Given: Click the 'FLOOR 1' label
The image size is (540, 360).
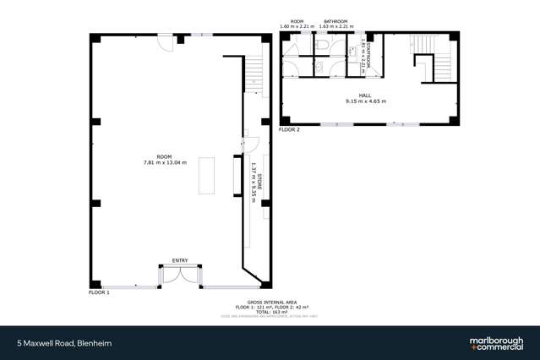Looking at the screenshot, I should [x=100, y=292].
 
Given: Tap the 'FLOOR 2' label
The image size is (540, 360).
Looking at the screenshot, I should [x=290, y=130].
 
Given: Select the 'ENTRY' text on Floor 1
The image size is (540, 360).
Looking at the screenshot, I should [x=180, y=260].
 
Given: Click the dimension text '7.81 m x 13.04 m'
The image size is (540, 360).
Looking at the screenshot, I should [x=165, y=162].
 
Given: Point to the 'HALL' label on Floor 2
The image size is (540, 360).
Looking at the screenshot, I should [x=365, y=95].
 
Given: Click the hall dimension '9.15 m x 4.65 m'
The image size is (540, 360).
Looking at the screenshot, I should [x=365, y=101].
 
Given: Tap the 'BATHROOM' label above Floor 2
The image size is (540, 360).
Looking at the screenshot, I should [x=334, y=21].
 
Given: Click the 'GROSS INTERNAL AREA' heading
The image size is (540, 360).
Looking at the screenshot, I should [x=270, y=301].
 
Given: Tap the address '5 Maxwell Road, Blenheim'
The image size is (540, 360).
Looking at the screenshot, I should [x=65, y=343].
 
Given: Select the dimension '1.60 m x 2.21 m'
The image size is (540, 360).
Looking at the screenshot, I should [x=297, y=26].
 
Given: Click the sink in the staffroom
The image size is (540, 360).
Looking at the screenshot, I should [x=352, y=51].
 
